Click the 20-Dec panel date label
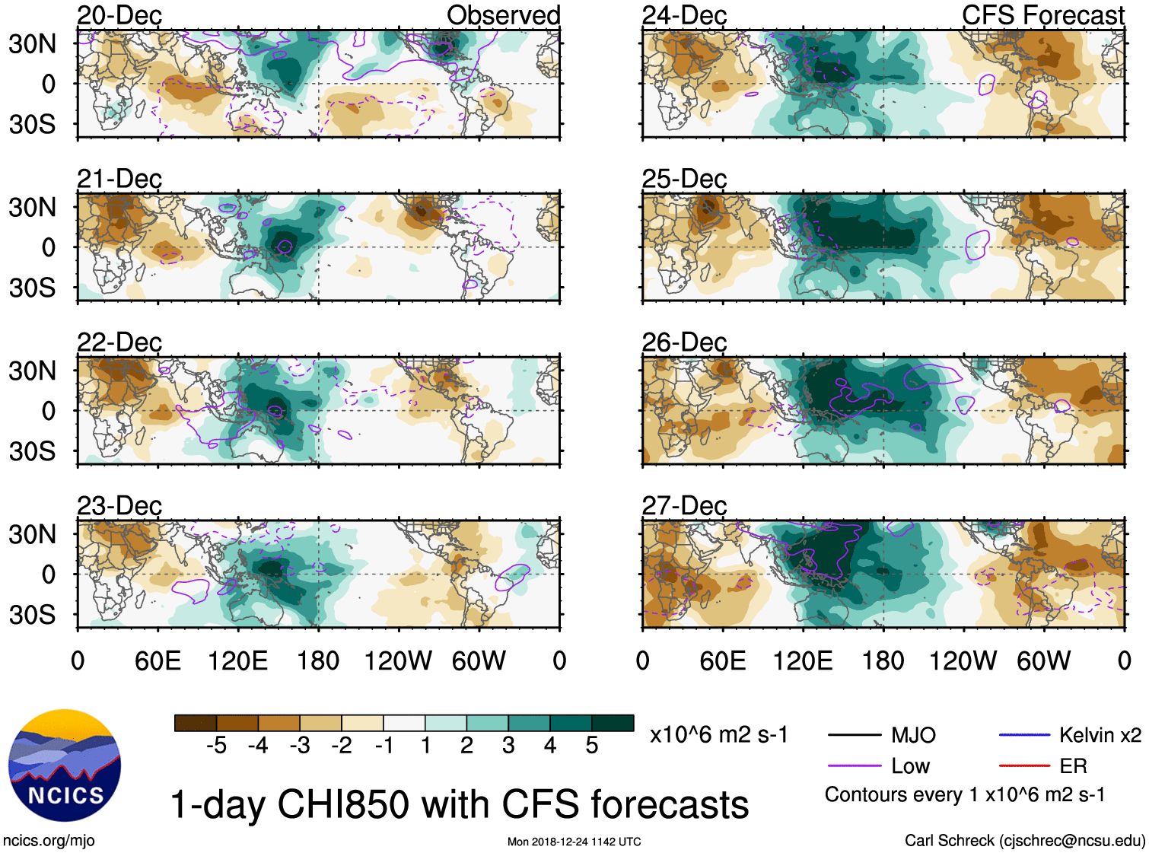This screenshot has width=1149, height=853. [119, 15]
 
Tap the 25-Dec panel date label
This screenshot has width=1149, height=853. [684, 179]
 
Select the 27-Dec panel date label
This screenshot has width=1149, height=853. [684, 505]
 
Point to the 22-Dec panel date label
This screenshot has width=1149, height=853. [119, 342]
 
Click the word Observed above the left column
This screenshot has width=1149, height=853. [503, 15]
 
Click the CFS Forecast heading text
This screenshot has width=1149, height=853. [1042, 15]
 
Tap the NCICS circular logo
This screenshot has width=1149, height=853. [65, 765]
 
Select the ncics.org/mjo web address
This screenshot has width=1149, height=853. [49, 841]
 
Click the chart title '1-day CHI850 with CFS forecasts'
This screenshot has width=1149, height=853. [459, 804]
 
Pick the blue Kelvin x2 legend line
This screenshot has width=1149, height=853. [1024, 735]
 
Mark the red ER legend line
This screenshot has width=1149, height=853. [1024, 766]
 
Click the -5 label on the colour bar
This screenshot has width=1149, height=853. [216, 746]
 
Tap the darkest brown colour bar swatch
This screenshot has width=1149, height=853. [195, 723]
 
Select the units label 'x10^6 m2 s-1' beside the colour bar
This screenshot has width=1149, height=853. [718, 735]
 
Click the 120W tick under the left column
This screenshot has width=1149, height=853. [398, 660]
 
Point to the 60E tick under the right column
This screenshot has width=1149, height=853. [722, 660]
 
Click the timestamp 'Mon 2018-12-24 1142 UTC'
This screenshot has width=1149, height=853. [574, 842]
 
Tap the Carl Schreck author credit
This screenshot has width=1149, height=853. [1024, 841]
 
